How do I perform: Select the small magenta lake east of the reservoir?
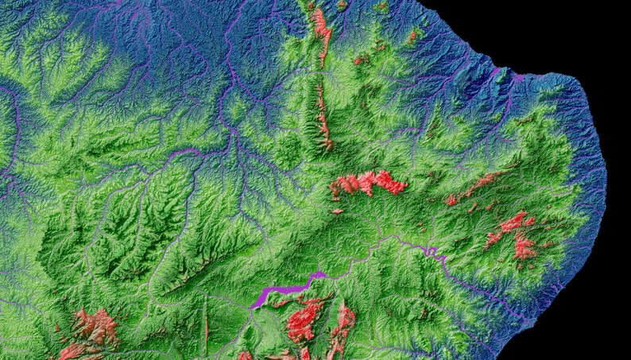(432, 252)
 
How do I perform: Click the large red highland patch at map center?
(367, 184)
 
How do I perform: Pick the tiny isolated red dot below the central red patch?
(338, 211)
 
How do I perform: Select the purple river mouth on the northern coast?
(517, 77)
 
